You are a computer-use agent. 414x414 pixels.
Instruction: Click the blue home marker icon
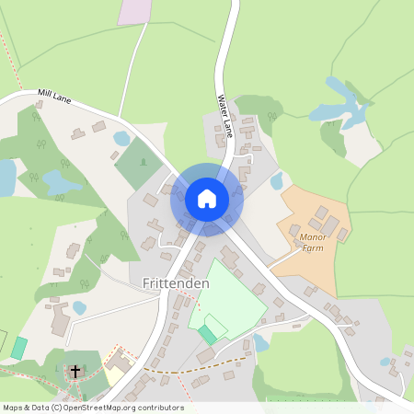tap(207, 199)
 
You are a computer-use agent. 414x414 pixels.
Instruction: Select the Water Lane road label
tap(224, 114)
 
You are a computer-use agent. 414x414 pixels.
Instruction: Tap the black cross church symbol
tap(75, 370)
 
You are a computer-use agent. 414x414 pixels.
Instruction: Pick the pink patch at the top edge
tap(135, 11)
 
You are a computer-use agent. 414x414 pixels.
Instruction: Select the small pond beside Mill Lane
tap(121, 139)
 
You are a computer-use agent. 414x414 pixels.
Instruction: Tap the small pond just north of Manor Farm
tap(276, 180)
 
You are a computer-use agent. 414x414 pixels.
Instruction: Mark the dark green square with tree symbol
tap(138, 163)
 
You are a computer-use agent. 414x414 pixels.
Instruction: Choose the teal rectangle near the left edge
tap(19, 348)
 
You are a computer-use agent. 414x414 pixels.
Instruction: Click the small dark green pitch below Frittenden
tap(208, 334)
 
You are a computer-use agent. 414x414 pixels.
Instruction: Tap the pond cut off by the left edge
tap(6, 177)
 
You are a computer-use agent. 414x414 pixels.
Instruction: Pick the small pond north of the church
tap(79, 307)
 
